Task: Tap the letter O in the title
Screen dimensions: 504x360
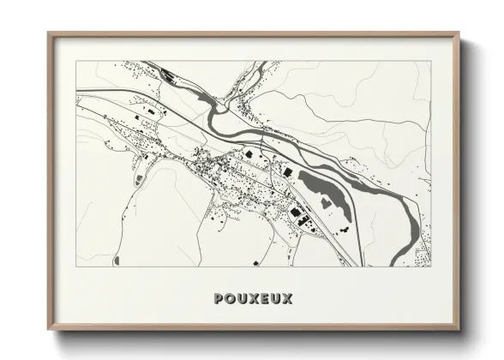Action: click(228, 299)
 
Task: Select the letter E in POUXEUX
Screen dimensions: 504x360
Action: click(263, 299)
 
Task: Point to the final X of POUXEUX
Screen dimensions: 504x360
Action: click(287, 299)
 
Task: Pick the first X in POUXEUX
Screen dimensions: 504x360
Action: click(252, 299)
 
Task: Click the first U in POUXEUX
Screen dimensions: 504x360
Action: click(240, 299)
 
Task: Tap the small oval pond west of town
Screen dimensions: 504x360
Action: click(138, 179)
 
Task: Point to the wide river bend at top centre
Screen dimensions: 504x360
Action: click(210, 107)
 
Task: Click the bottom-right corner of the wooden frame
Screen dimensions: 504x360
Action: click(461, 330)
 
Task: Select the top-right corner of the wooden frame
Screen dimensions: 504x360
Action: click(461, 34)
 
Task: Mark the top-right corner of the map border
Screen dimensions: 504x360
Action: click(431, 61)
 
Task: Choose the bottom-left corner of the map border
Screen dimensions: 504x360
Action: click(76, 267)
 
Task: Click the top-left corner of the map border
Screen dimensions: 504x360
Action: click(76, 61)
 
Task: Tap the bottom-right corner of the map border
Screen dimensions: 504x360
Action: click(431, 267)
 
